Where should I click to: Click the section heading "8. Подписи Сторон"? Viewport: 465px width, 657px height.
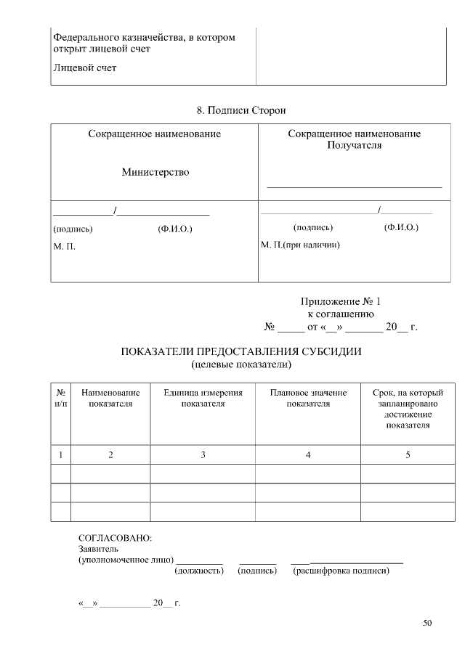241,110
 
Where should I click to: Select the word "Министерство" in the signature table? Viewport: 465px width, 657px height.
155,172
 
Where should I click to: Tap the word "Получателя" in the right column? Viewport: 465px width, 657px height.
354,144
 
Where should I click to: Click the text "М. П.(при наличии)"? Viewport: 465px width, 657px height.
300,245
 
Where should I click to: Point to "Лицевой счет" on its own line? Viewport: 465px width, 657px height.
84,68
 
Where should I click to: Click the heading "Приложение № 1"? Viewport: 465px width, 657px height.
340,301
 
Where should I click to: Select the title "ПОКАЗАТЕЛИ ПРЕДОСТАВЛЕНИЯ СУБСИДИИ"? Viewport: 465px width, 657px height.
240,351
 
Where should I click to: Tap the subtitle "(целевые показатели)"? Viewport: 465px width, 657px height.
240,363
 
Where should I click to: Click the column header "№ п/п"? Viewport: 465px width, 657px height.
60,398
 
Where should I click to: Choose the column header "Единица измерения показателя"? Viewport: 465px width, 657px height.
203,398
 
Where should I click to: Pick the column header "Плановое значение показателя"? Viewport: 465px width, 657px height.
308,398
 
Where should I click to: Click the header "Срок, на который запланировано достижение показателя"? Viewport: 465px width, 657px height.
408,409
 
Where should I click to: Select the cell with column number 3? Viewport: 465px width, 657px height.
203,454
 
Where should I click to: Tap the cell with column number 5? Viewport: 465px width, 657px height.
408,454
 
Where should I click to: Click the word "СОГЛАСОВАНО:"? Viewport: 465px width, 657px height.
115,539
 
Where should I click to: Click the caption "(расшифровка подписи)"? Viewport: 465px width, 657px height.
341,571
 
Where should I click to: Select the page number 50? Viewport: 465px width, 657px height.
427,623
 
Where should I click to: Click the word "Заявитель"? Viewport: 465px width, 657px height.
97,550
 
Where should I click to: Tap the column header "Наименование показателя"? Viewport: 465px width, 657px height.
110,398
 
